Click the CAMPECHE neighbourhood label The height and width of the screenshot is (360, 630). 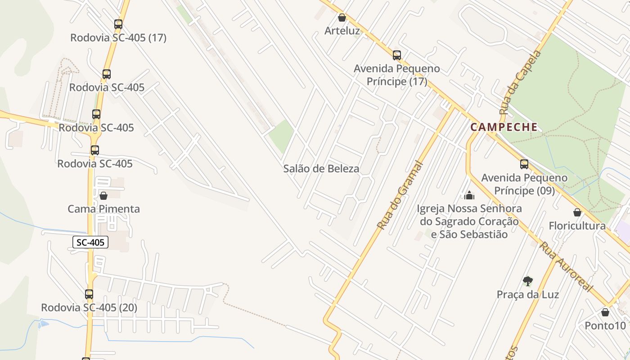pyautogui.click(x=504, y=127)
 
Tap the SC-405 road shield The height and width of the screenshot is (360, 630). pyautogui.click(x=90, y=242)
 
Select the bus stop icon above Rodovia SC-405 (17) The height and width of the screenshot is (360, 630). pyautogui.click(x=118, y=24)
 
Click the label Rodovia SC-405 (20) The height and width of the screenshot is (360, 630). pyautogui.click(x=89, y=308)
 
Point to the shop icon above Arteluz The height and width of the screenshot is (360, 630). pyautogui.click(x=342, y=18)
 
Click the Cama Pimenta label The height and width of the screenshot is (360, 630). pyautogui.click(x=103, y=209)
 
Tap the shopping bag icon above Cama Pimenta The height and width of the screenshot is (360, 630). pyautogui.click(x=103, y=196)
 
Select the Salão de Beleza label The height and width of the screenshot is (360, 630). pyautogui.click(x=321, y=169)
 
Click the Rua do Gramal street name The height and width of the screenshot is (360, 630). pyautogui.click(x=400, y=196)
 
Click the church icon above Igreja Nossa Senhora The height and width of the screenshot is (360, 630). pyautogui.click(x=469, y=195)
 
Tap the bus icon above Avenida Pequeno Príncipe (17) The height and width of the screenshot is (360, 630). pyautogui.click(x=396, y=55)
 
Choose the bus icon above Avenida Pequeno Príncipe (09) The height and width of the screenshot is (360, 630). pyautogui.click(x=524, y=164)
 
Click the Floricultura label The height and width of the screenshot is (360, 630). pyautogui.click(x=577, y=226)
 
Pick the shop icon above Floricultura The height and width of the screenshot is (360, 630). pyautogui.click(x=577, y=212)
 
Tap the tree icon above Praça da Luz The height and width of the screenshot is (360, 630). pyautogui.click(x=528, y=282)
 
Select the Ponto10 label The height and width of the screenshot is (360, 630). pyautogui.click(x=605, y=325)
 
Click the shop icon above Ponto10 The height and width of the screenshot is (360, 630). pyautogui.click(x=605, y=312)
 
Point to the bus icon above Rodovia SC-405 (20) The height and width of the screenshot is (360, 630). pyautogui.click(x=89, y=294)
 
